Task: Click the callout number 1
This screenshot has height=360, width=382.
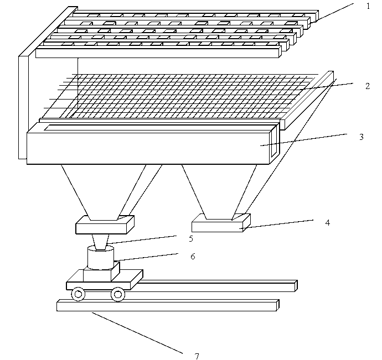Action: pos(368,6)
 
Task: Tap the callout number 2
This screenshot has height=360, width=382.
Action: pos(368,86)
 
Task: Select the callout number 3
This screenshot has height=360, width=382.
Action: pos(362,137)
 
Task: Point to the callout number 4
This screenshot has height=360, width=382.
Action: pos(328,222)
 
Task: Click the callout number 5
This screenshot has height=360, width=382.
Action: pos(191,238)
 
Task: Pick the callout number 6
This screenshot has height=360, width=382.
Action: pos(193,256)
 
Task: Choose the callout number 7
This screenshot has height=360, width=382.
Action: pos(197,356)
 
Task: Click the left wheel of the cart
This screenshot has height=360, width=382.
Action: pos(78,294)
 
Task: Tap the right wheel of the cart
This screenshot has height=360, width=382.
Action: pos(118,294)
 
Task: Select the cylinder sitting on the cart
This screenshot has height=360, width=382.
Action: pos(101,258)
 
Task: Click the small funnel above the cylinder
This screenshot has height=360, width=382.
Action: pos(100,242)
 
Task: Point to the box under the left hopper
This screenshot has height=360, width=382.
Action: pos(105,225)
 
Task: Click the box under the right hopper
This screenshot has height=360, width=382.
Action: pos(221,223)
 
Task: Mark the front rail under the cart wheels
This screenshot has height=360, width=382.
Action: pos(168,305)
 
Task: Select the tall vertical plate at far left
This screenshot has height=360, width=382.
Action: pos(24,83)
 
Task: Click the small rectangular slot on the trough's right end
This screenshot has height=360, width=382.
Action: pos(274,141)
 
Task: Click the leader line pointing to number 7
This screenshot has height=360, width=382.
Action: pos(137,333)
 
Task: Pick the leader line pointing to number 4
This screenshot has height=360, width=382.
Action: pos(276,224)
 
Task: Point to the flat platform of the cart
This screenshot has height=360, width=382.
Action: pos(105,279)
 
